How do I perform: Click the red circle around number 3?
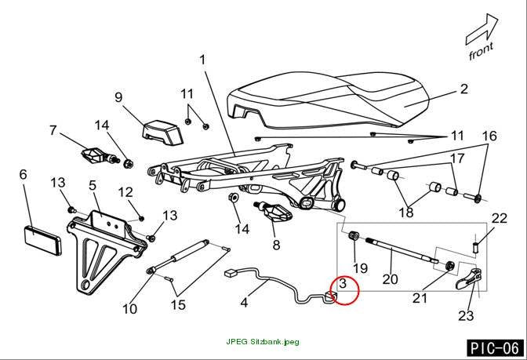344,275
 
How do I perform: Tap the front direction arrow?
482,30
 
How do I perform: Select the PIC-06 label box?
495,348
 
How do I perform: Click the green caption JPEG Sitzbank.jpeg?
263,342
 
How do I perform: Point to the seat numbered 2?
328,100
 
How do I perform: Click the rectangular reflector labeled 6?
43,240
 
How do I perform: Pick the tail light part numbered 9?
163,132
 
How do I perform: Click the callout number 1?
202,60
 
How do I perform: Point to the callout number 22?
499,219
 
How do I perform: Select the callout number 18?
406,212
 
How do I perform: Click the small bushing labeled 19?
354,235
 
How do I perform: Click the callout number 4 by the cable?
245,303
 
